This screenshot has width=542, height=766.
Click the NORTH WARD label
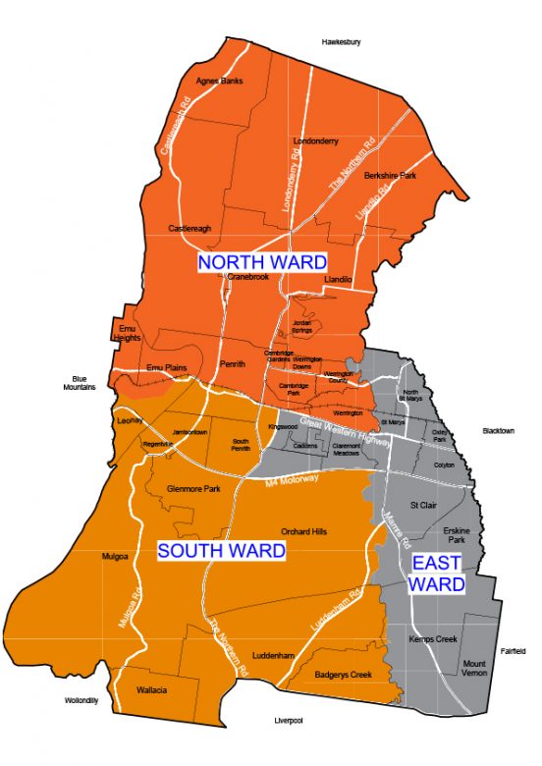pos(262,262)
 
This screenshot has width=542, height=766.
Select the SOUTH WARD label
pos(222,551)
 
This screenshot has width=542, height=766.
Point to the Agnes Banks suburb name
pos(219,81)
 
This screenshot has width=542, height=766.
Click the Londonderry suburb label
pos(315,140)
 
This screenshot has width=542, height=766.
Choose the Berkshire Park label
pos(391,175)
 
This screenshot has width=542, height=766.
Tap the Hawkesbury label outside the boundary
pos(342,42)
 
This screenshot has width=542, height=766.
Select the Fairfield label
pos(513,651)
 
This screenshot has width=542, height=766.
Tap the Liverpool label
pos(288,721)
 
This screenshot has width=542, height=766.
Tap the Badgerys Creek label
pos(344,675)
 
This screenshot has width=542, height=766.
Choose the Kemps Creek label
pos(433,639)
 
